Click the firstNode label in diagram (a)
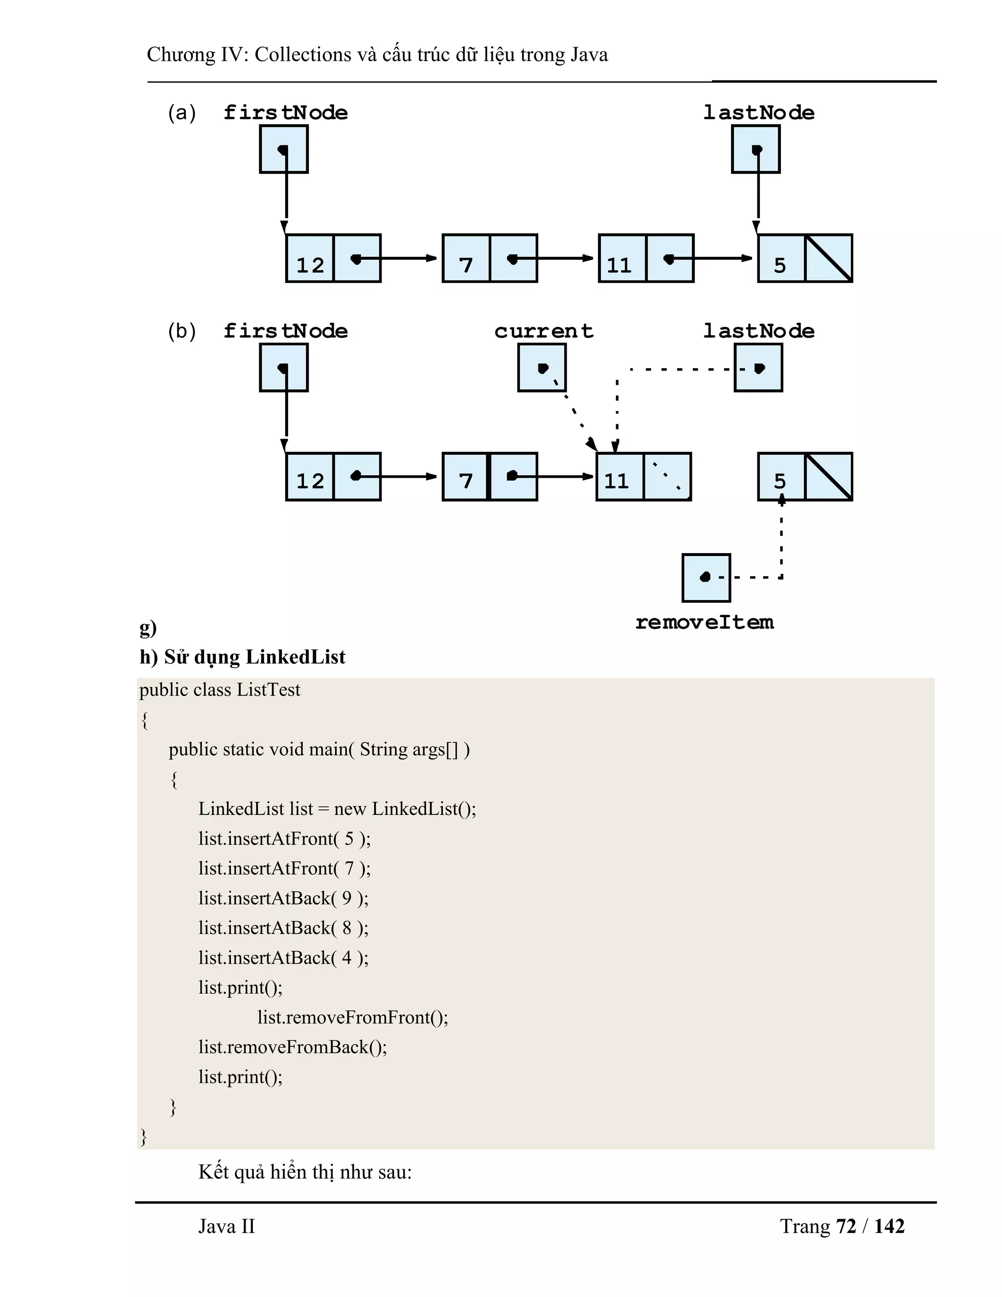[286, 113]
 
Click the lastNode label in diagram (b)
[759, 331]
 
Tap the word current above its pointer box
[544, 331]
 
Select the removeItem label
[705, 623]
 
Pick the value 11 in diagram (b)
[617, 481]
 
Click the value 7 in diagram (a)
[466, 265]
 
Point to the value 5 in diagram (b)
[780, 481]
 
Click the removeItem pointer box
[706, 577]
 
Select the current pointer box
[542, 368]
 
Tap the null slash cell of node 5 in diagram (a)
[829, 258]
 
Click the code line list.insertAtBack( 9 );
[283, 898]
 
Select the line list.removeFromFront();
[353, 1018]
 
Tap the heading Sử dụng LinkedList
[254, 657]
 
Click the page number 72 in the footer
[846, 1227]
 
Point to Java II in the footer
[226, 1227]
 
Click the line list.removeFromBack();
[293, 1047]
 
